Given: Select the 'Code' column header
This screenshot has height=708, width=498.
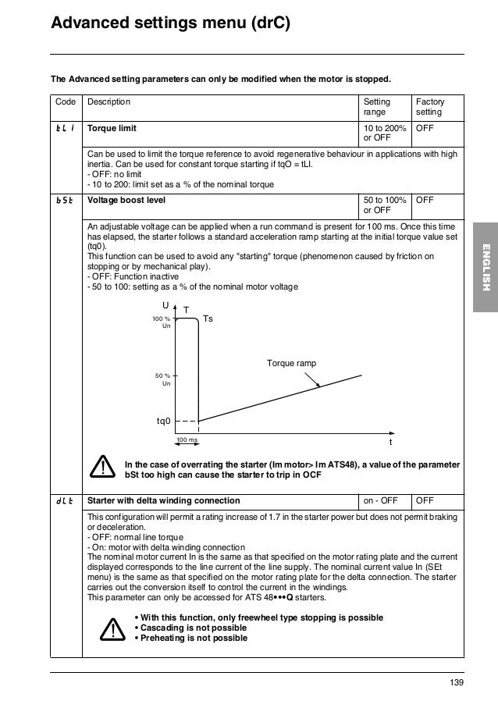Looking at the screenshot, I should click(66, 102).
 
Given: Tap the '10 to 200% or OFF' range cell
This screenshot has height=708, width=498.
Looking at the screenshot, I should click(383, 133).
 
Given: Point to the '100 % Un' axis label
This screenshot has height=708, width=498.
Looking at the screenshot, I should click(162, 323).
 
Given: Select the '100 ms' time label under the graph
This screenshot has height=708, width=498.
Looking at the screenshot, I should click(187, 440).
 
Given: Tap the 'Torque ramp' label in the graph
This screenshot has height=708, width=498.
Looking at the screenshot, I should click(292, 364).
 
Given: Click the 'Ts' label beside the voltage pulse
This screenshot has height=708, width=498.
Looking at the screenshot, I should click(208, 319).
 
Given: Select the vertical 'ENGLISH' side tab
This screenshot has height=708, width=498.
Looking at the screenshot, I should click(485, 268).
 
